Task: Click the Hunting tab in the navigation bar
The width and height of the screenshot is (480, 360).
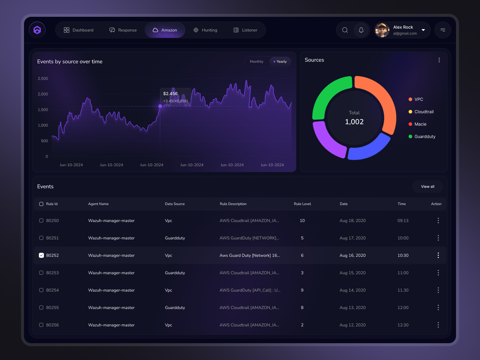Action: [205, 30]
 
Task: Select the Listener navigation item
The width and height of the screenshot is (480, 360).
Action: [245, 30]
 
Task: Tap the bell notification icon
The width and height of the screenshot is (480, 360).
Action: [361, 30]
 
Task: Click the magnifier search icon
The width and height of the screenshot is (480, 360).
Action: [345, 30]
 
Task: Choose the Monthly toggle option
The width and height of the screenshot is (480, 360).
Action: [256, 61]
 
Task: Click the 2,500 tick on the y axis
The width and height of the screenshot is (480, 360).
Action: [43, 79]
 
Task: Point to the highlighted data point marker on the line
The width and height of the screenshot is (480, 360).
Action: [160, 106]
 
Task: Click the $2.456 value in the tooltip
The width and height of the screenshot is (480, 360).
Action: [170, 94]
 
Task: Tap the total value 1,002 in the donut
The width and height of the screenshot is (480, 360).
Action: [354, 122]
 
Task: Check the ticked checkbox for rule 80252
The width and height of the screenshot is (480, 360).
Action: [41, 255]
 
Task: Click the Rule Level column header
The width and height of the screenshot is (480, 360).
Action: [302, 204]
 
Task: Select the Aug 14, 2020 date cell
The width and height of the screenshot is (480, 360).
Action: [352, 290]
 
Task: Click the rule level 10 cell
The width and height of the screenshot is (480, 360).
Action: [302, 220]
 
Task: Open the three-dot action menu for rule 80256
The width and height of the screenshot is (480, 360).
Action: [438, 325]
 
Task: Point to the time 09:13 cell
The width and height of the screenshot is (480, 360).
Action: [403, 220]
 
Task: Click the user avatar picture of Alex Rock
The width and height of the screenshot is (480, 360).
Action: [382, 30]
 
